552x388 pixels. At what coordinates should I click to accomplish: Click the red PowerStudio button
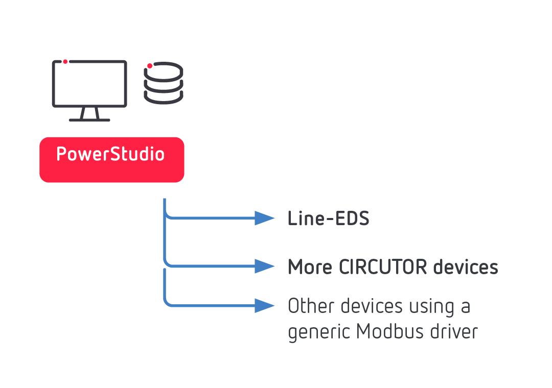[x=111, y=159]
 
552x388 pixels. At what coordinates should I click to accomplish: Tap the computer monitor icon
[x=89, y=84]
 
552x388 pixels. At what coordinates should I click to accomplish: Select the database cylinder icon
[x=163, y=83]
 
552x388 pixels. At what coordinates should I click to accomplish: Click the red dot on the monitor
[x=65, y=62]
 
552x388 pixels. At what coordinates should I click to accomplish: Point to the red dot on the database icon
[x=149, y=65]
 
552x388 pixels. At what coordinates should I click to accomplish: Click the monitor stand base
[x=89, y=120]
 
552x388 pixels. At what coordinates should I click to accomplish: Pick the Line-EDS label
[x=328, y=219]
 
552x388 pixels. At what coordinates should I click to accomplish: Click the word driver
[x=454, y=332]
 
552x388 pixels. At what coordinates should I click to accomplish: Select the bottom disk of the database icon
[x=163, y=95]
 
